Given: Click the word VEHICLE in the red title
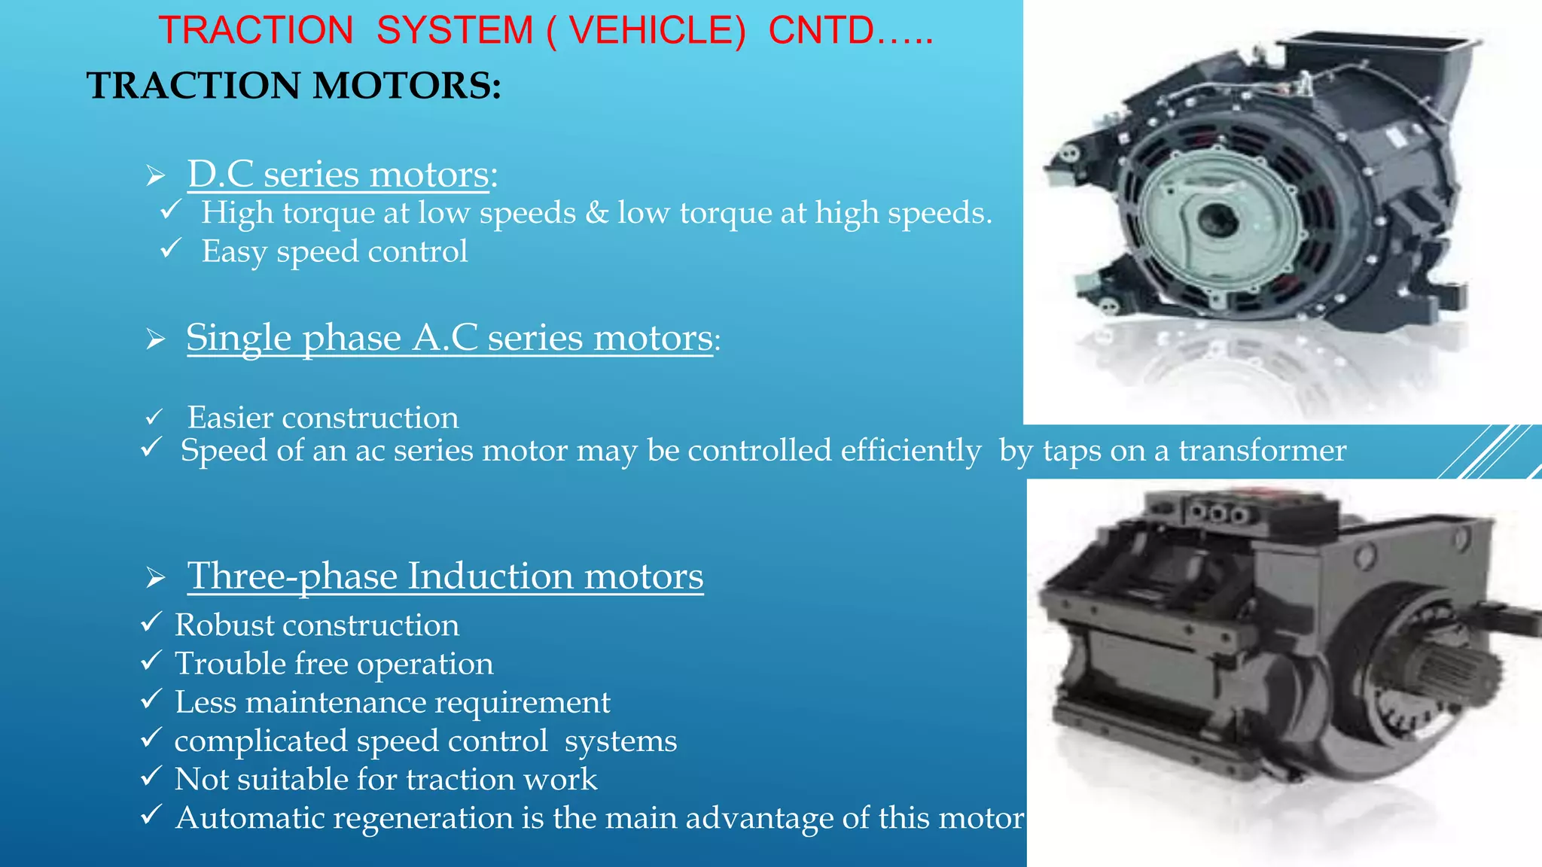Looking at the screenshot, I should click(x=657, y=31).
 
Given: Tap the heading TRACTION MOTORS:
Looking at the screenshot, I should click(x=294, y=85).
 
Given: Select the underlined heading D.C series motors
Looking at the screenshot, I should click(x=338, y=175).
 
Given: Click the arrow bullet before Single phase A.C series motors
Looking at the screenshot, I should click(x=156, y=339).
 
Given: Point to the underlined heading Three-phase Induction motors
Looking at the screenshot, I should click(x=445, y=576).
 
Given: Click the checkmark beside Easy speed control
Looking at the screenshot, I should click(x=171, y=248).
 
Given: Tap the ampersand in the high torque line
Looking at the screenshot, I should click(x=597, y=213).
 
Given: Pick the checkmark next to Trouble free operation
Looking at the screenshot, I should click(x=151, y=661).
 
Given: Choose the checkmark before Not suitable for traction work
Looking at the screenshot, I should click(x=151, y=776).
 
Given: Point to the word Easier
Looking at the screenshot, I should click(x=230, y=418).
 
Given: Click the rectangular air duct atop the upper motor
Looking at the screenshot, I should click(x=1378, y=60).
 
